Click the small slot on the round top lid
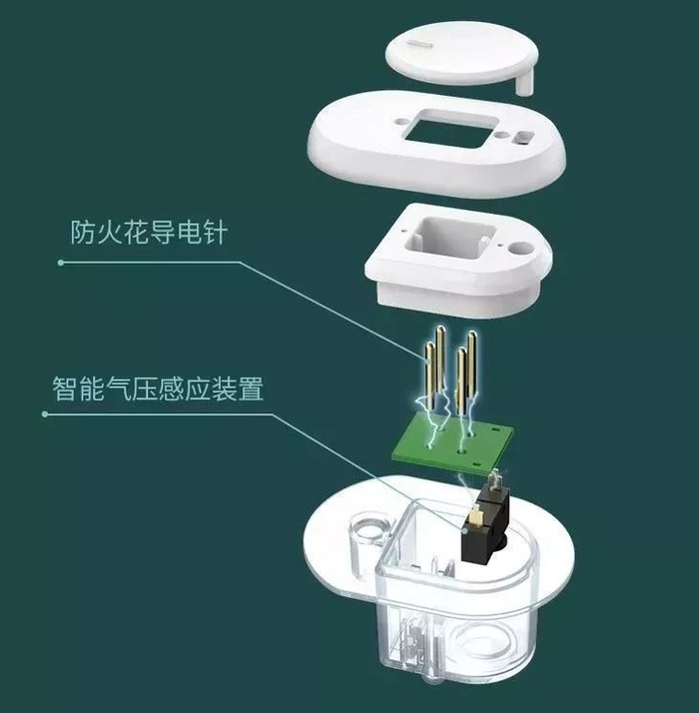[x=420, y=44]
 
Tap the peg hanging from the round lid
[x=525, y=83]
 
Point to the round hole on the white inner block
[x=521, y=248]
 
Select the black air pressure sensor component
[x=484, y=523]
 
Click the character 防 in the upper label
[x=82, y=232]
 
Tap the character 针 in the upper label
[x=215, y=232]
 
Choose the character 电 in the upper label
[x=189, y=232]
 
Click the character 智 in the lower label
[x=65, y=387]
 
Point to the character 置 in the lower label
[x=251, y=387]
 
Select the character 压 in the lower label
[x=144, y=387]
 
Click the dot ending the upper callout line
[x=61, y=263]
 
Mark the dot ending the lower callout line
[x=45, y=413]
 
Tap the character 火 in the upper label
[x=109, y=232]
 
